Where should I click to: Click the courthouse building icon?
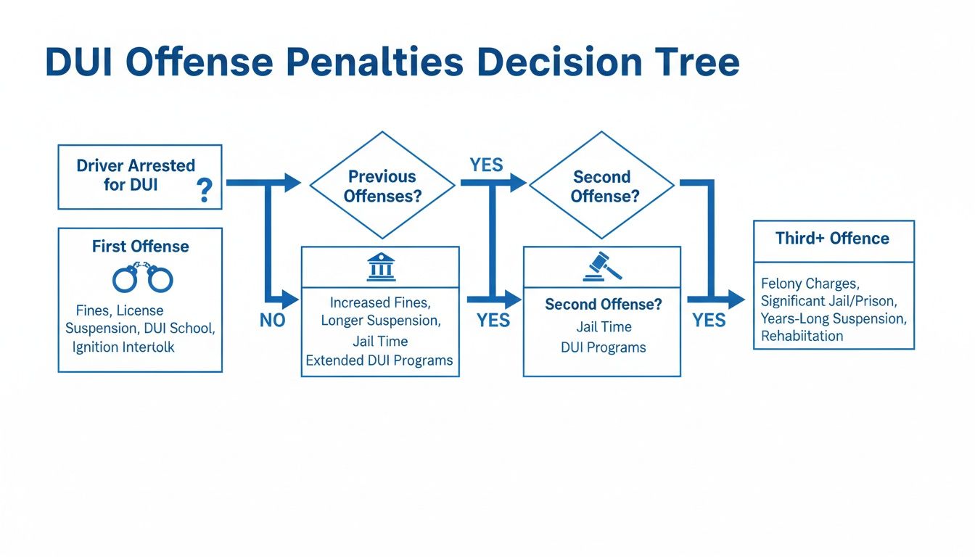[381, 268]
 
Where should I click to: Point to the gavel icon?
[602, 268]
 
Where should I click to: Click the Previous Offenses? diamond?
[382, 186]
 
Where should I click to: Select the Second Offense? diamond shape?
[601, 186]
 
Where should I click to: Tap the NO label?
[272, 321]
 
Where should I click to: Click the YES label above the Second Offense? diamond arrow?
[485, 165]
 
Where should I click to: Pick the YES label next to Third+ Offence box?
[709, 321]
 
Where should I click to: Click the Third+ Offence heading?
[832, 239]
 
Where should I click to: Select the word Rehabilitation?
[802, 336]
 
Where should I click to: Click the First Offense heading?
[140, 247]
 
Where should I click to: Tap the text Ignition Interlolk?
[123, 347]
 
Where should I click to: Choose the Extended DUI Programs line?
[379, 360]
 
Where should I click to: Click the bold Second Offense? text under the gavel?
[603, 305]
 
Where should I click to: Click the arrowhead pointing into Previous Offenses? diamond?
[292, 183]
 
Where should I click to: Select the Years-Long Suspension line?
[834, 318]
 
